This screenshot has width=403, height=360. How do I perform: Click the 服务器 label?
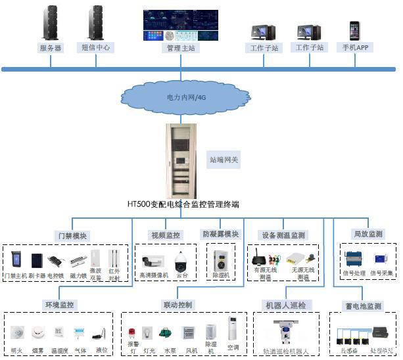pos(51,48)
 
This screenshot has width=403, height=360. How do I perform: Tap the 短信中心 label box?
pos(97,48)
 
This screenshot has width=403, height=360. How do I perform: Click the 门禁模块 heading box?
pos(72,236)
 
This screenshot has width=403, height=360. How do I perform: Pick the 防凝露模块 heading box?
pos(220,235)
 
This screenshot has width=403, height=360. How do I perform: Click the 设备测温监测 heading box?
pos(283,235)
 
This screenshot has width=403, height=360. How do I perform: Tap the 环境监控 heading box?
pos(60,305)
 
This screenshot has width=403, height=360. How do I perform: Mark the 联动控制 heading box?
pos(178,305)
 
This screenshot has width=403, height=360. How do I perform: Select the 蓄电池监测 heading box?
pos(364,306)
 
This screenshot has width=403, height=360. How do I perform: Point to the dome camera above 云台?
pos(181,261)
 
